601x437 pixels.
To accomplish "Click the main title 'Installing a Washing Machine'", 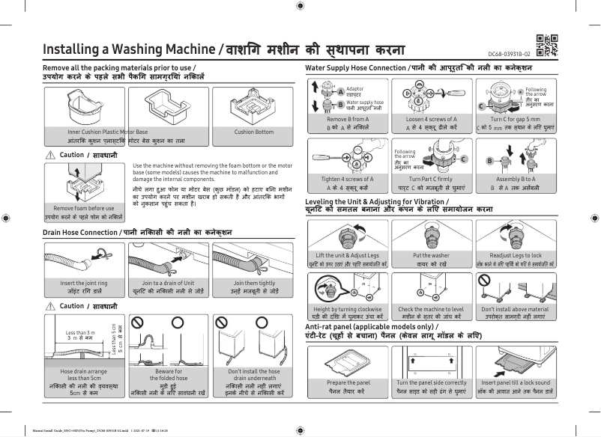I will (x=129, y=49).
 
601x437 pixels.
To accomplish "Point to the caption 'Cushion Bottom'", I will (x=254, y=132).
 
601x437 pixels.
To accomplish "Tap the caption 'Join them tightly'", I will (x=254, y=283).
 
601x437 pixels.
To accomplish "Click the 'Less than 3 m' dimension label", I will (x=81, y=332).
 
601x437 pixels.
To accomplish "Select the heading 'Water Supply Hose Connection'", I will (x=355, y=68).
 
